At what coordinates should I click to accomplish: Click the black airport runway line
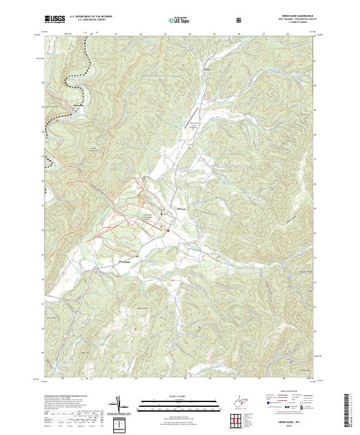click(x=194, y=115)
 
